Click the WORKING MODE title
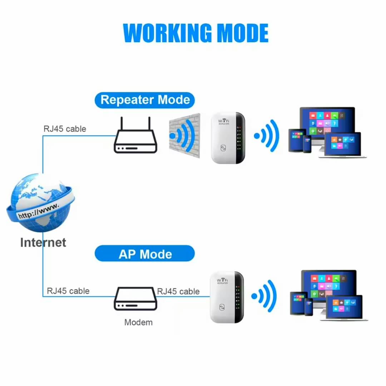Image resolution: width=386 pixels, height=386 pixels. click(196, 33)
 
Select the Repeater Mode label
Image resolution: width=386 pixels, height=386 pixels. click(145, 100)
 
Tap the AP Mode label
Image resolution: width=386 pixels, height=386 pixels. click(145, 254)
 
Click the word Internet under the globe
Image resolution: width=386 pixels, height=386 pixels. click(43, 242)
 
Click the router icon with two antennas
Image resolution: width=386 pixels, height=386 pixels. click(135, 141)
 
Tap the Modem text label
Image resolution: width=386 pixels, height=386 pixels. click(138, 322)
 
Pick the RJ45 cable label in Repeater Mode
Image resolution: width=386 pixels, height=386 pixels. click(65, 129)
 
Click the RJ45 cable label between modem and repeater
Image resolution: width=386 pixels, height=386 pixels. click(178, 291)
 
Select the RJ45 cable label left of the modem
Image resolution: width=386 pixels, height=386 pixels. click(68, 291)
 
